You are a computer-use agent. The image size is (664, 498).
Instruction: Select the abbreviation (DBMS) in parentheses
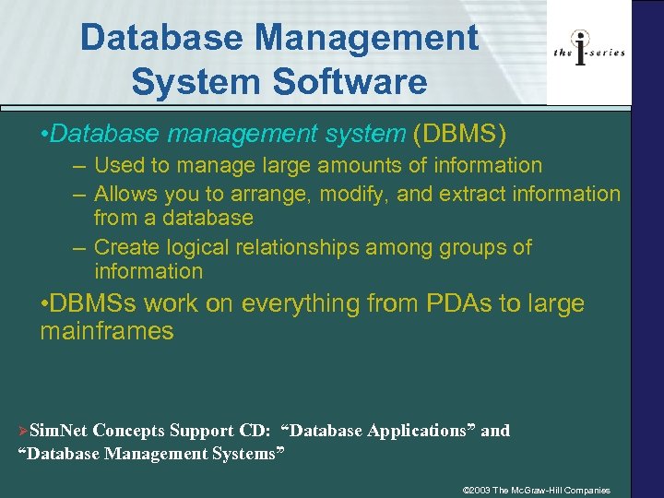pyautogui.click(x=460, y=135)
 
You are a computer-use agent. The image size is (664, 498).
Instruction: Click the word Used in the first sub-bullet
pyautogui.click(x=116, y=166)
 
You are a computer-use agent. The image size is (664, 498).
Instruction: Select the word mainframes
pyautogui.click(x=106, y=332)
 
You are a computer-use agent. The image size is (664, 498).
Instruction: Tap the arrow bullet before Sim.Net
pyautogui.click(x=24, y=432)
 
